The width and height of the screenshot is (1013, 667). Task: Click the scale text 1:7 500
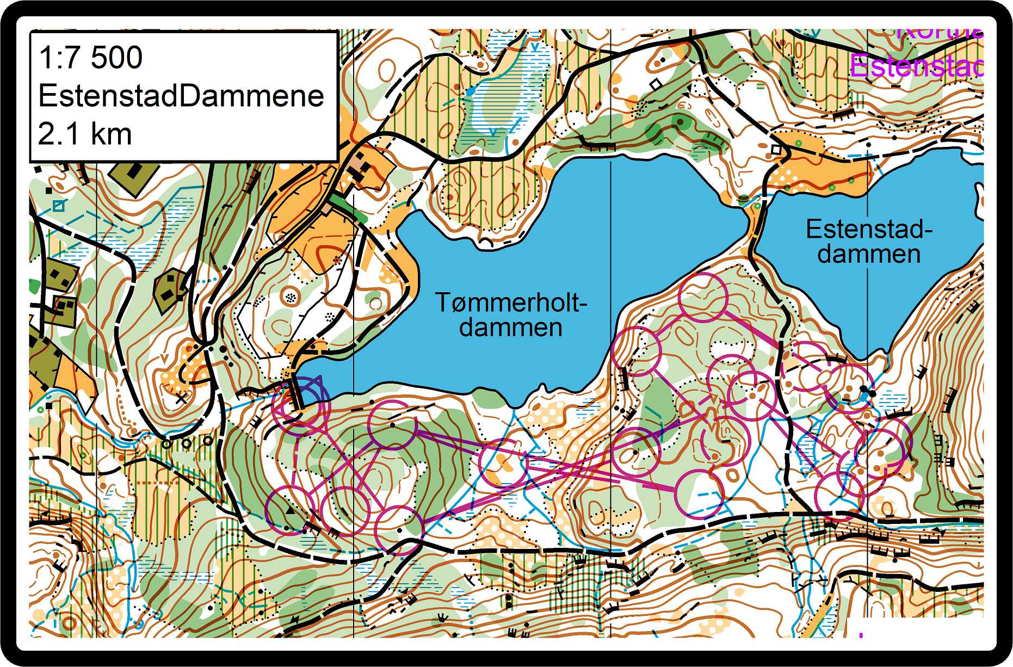click(x=91, y=57)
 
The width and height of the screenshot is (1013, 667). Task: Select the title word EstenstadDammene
click(x=181, y=96)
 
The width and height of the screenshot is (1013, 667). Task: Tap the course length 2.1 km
click(x=85, y=134)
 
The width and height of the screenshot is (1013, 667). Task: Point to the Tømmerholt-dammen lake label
click(x=510, y=315)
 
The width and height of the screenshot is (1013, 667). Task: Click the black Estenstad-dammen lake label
click(x=869, y=242)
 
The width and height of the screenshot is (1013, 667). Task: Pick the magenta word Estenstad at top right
click(x=917, y=67)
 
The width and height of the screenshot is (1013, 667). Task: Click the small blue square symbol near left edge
click(x=58, y=206)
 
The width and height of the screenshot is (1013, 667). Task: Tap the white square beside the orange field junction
click(x=776, y=149)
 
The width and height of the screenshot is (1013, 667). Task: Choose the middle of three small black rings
click(x=187, y=443)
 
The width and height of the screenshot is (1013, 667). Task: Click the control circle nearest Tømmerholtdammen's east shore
click(x=635, y=351)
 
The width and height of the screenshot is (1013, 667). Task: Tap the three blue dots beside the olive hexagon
click(x=203, y=281)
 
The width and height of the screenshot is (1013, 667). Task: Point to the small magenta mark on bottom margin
click(x=861, y=634)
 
